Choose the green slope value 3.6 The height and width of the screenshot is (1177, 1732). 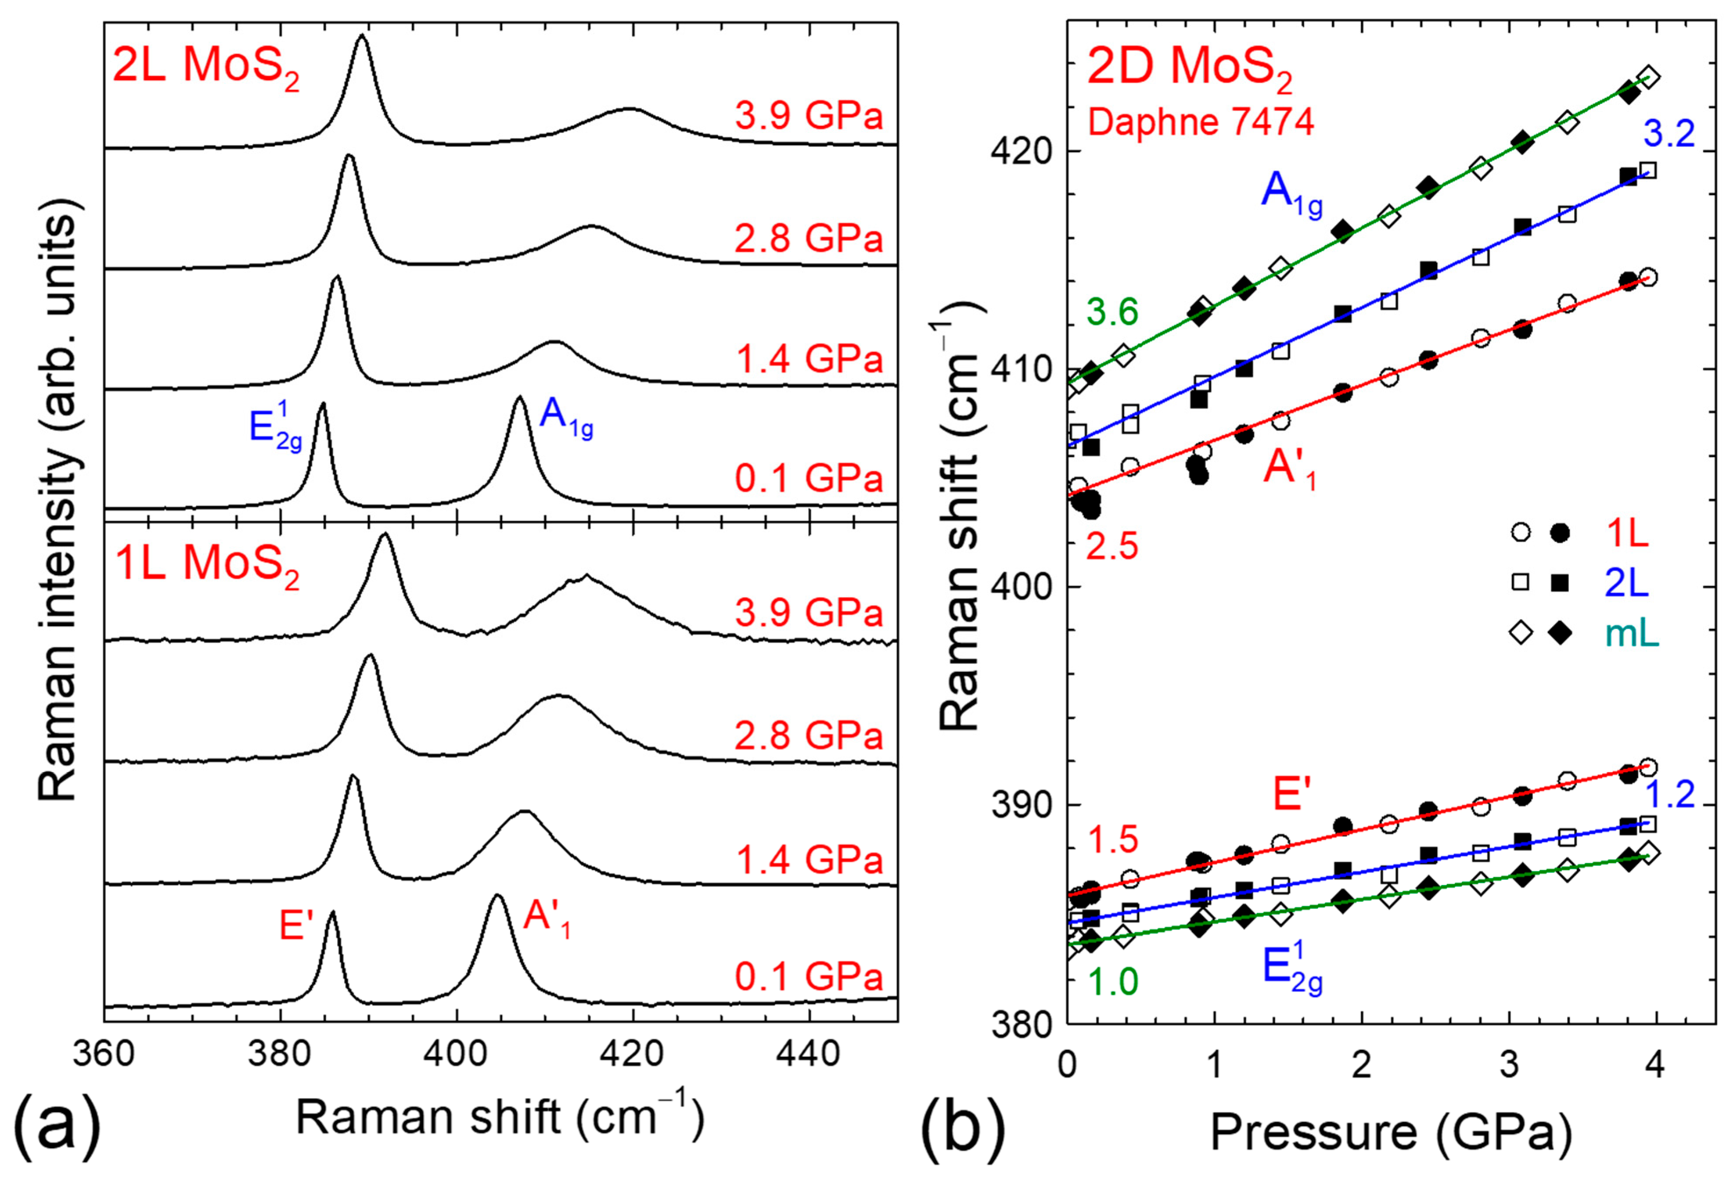pyautogui.click(x=1113, y=313)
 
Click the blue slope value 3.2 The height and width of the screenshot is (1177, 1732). pyautogui.click(x=1669, y=135)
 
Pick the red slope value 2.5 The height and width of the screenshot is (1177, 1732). pyautogui.click(x=1113, y=548)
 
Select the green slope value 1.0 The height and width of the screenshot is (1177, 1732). pyautogui.click(x=1113, y=982)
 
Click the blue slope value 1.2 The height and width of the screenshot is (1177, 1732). pyautogui.click(x=1669, y=795)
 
